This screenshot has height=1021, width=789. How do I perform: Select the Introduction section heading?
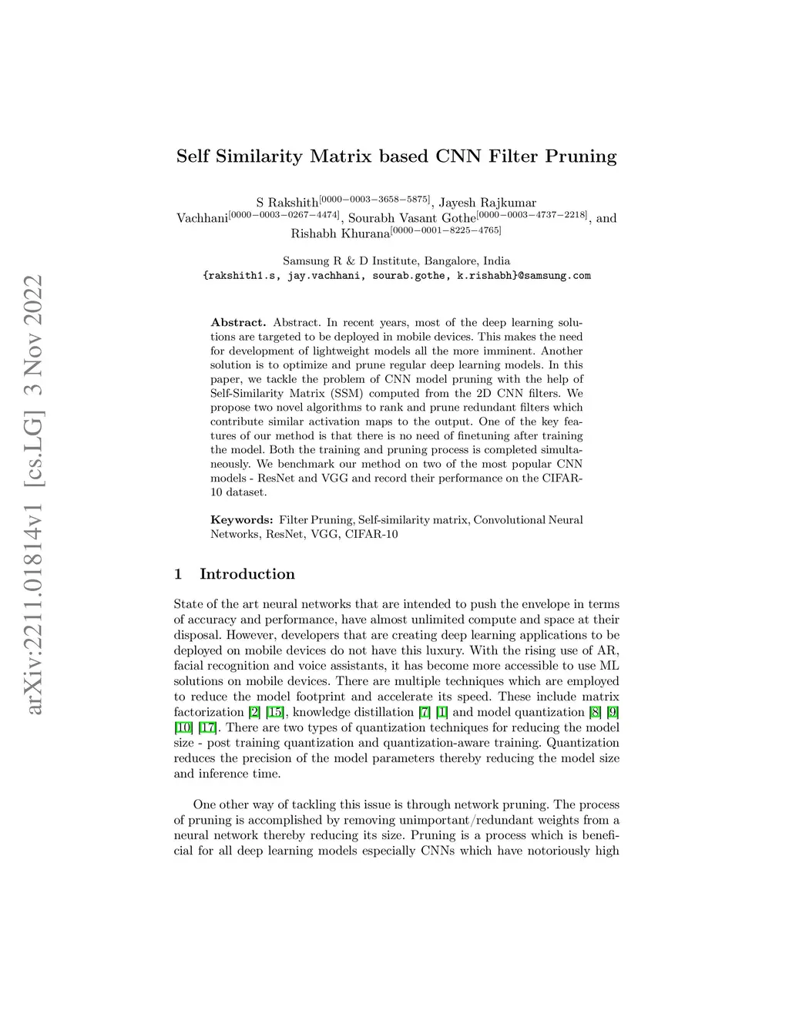247,574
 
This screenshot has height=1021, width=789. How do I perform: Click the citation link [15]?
274,712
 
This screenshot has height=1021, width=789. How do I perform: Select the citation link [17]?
207,727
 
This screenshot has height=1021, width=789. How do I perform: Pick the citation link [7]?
425,712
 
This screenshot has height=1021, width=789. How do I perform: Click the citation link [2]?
254,712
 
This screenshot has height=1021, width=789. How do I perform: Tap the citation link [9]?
613,712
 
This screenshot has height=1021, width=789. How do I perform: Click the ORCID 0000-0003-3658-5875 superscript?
375,199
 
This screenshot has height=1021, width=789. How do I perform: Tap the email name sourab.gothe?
406,275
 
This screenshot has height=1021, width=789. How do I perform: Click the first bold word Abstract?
238,322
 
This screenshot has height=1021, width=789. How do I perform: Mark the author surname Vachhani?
202,218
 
